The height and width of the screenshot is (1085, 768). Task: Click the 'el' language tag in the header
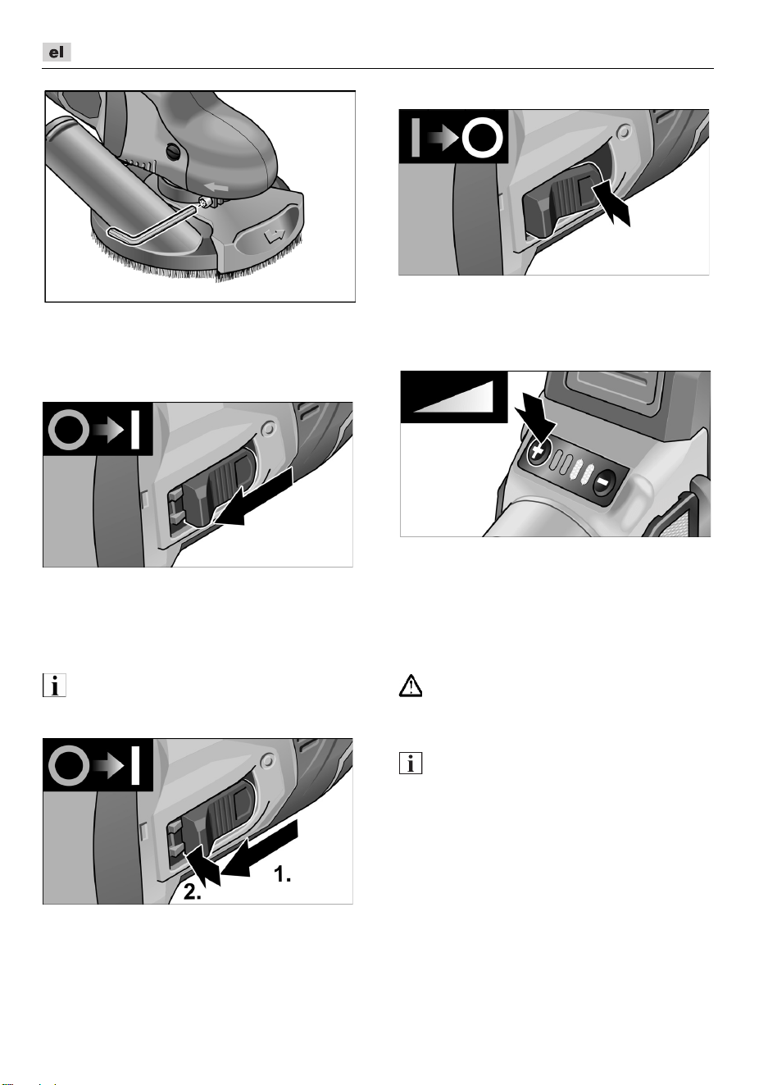click(x=57, y=52)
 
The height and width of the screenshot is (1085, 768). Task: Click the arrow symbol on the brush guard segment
click(x=275, y=236)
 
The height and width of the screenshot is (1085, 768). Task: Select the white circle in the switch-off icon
click(x=482, y=138)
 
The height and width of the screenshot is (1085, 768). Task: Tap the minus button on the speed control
click(x=603, y=481)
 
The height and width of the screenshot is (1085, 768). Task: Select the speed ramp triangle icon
click(x=453, y=397)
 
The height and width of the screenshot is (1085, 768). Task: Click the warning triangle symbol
click(x=411, y=686)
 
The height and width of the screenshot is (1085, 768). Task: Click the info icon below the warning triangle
click(x=411, y=763)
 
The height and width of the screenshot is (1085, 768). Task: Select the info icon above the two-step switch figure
click(x=54, y=686)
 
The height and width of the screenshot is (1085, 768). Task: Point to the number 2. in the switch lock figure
click(x=193, y=893)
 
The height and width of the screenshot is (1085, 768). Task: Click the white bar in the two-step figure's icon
click(x=135, y=766)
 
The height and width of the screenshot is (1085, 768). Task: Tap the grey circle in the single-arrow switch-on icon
click(x=69, y=430)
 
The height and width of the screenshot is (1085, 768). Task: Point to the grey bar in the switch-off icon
click(x=416, y=138)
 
